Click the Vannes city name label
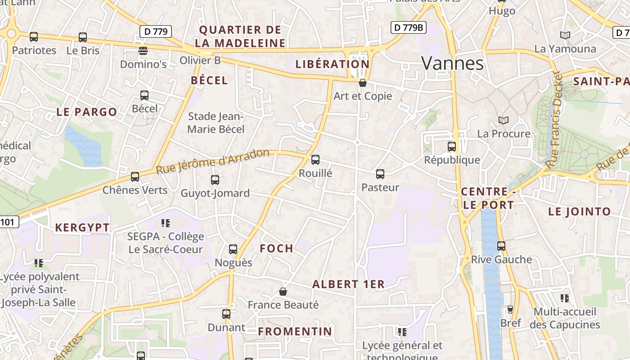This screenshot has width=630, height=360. coord(452,63)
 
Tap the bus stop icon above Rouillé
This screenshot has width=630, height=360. coord(315,159)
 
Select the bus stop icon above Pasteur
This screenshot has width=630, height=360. coord(380,174)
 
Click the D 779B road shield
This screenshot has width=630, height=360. coord(408,27)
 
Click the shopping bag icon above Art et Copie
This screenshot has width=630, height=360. coord(363,83)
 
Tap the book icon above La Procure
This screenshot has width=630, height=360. coord(504,120)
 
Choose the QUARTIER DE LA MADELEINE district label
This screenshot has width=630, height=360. coord(240,36)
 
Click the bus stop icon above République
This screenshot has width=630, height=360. coord(452,146)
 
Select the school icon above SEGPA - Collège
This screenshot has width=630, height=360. coord(165,223)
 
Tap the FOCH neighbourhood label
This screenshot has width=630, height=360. coord(277,248)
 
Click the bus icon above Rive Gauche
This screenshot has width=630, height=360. coord(501,246)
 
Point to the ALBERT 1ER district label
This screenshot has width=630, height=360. coord(348,284)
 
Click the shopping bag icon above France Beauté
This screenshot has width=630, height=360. coord(283,292)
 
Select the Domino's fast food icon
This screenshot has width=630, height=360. coord(143,50)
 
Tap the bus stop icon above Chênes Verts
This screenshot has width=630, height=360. coord(135,176)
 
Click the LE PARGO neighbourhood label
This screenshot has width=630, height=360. coord(87,112)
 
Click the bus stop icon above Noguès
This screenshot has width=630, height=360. coord(233,249)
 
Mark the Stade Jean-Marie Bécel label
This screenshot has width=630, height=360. coord(216,123)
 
